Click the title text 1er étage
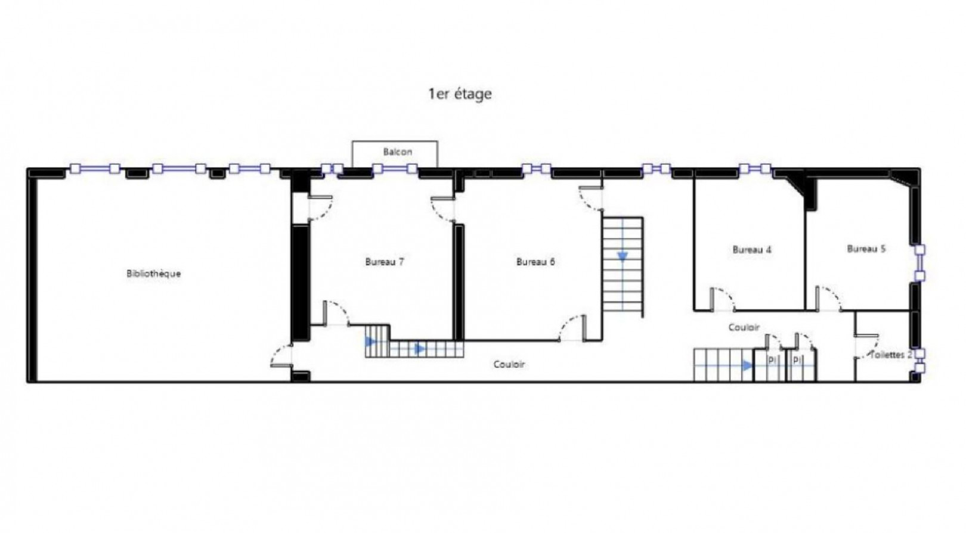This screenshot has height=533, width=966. pos(460,94)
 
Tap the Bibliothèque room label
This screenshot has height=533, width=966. pos(153,274)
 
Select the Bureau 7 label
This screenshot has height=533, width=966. pos(385,262)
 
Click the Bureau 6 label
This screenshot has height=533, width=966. pos(535,262)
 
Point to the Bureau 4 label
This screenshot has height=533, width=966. pos(751,250)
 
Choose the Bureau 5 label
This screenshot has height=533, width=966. pos(866,249)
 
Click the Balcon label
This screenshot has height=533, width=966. pos(397,152)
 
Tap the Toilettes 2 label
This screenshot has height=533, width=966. pos(891,355)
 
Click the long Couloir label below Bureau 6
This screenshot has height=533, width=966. pos(509,364)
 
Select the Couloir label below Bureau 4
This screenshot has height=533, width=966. pos(744,327)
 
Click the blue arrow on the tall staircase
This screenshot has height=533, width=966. pos(623,256)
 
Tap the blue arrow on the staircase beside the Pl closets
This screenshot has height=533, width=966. pos(747,366)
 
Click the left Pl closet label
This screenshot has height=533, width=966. pos(772,361)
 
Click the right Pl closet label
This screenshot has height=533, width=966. pos(796,361)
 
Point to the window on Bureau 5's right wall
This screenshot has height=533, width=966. pos(919,262)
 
